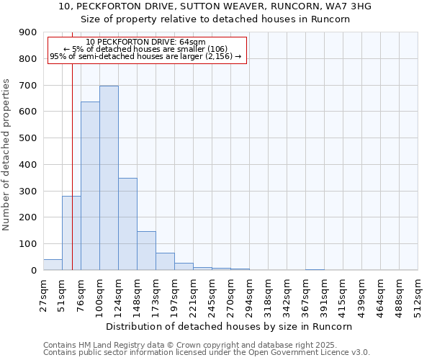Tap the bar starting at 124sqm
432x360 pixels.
(x=127, y=224)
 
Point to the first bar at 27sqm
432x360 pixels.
(x=53, y=265)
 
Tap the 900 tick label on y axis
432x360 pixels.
(x=28, y=32)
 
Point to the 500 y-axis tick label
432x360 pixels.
(x=28, y=138)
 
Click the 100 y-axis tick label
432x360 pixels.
(x=28, y=244)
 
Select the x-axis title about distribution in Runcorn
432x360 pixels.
(x=228, y=326)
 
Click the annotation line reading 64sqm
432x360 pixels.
(x=146, y=42)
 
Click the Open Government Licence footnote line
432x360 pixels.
(x=207, y=352)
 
